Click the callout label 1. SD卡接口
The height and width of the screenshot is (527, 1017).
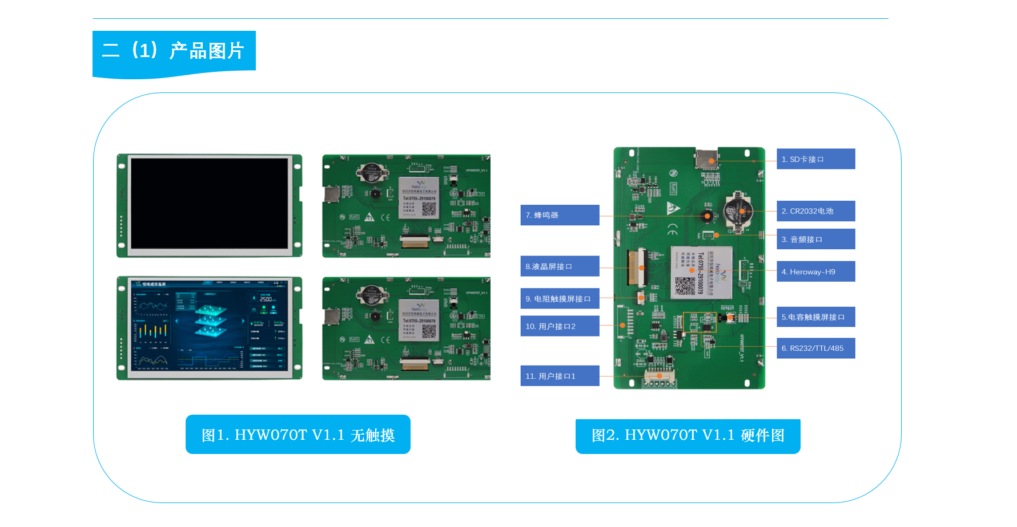pyautogui.click(x=815, y=159)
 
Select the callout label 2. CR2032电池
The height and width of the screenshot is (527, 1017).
pyautogui.click(x=815, y=211)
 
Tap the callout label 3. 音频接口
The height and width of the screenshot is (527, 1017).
pyautogui.click(x=815, y=240)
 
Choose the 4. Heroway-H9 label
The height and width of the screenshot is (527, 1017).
pyautogui.click(x=815, y=271)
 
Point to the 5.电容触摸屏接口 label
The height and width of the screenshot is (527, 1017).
pyautogui.click(x=815, y=317)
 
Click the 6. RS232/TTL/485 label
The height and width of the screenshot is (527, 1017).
pyautogui.click(x=815, y=348)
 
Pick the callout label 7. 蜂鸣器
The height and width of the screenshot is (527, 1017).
pyautogui.click(x=560, y=215)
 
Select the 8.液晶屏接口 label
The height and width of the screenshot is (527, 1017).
pyautogui.click(x=560, y=266)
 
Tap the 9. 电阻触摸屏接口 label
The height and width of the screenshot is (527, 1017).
pyautogui.click(x=560, y=299)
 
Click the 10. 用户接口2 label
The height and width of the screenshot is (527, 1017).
pyautogui.click(x=560, y=326)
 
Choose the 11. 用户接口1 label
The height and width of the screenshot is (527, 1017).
pyautogui.click(x=560, y=376)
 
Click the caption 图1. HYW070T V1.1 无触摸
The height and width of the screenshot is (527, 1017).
pyautogui.click(x=298, y=435)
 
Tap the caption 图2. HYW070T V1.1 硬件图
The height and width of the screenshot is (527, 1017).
pyautogui.click(x=688, y=436)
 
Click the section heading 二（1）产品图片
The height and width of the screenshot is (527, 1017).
pyautogui.click(x=174, y=51)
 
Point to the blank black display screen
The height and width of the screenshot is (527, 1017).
pyautogui.click(x=210, y=204)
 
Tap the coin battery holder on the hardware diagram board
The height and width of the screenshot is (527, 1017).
pyautogui.click(x=738, y=212)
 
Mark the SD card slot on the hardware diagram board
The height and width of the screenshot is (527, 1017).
pyautogui.click(x=706, y=159)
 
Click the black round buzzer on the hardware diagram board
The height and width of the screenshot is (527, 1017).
pyautogui.click(x=708, y=216)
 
